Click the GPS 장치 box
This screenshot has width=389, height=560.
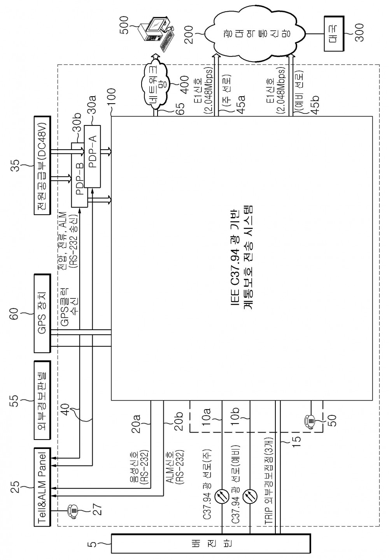pos(42,313)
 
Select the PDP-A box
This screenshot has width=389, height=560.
pos(93,156)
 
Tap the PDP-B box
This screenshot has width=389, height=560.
pos(79,175)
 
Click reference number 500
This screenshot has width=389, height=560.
pos(124,25)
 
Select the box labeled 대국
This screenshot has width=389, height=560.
pos(334,34)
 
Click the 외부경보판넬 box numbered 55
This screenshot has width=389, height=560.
pos(42,400)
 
